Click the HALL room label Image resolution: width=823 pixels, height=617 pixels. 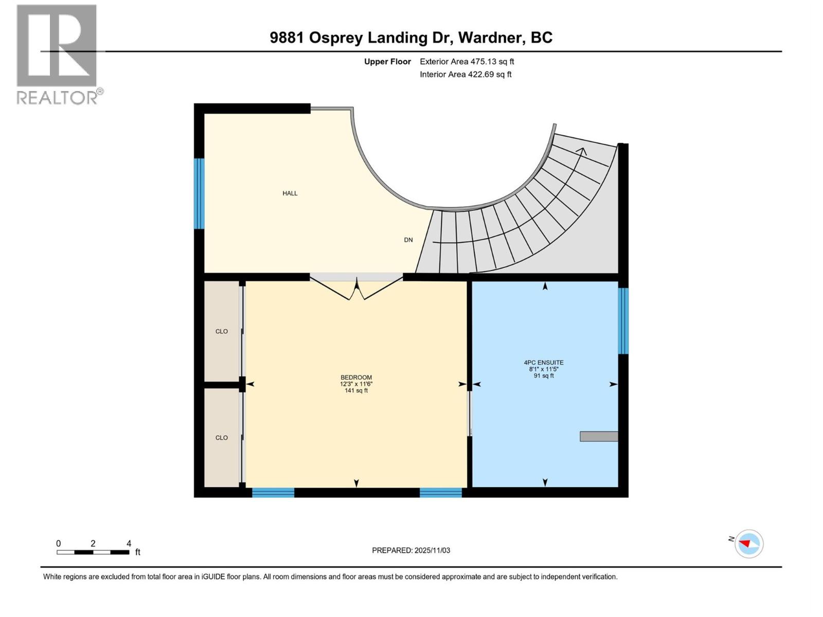(290, 193)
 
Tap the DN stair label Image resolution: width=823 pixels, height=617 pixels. (408, 240)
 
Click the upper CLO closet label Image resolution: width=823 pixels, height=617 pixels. (221, 332)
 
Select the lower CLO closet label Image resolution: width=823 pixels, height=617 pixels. (221, 438)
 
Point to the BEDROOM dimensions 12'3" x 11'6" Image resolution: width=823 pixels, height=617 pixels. (356, 384)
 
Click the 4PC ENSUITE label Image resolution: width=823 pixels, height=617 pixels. (544, 362)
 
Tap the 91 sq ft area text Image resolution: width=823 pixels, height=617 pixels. (544, 376)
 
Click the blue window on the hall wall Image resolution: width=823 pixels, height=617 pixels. (199, 193)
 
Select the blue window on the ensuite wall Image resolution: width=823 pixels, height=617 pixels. (623, 321)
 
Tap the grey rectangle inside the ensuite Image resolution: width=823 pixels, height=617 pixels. (599, 437)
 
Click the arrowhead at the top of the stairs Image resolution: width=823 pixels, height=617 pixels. (582, 151)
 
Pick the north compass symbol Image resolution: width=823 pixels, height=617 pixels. (748, 543)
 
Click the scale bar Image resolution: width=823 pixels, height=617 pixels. (93, 552)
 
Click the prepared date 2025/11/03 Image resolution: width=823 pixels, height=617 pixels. (411, 550)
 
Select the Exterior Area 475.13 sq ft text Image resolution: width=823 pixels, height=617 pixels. (467, 62)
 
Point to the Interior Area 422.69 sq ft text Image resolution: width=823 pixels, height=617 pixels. (466, 75)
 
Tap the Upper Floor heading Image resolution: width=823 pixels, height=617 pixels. (387, 62)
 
